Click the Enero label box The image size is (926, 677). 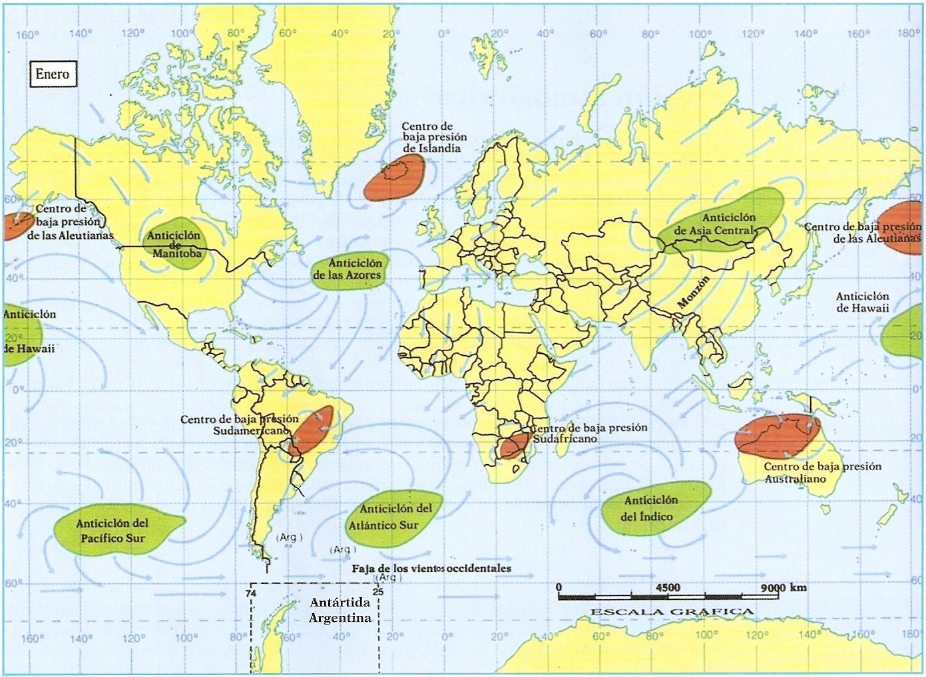[52, 74]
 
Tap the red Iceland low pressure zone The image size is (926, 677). [393, 180]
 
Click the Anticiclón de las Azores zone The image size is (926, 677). [347, 269]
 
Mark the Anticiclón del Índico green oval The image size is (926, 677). [649, 509]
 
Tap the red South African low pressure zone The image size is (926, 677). [515, 444]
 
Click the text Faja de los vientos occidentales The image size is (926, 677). [431, 569]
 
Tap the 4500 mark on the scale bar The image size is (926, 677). [667, 587]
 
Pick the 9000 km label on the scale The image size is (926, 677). [783, 587]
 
